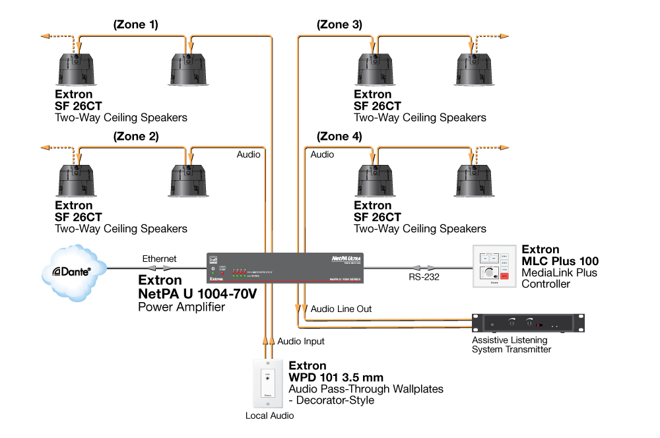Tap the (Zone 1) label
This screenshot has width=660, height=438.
point(135,25)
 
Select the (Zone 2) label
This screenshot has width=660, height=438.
point(135,137)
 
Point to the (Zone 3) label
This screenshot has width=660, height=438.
point(339,25)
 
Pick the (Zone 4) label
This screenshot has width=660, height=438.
point(339,137)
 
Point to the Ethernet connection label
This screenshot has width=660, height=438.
point(160,259)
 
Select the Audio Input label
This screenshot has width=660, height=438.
point(301,341)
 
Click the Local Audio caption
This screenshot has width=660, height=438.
point(269,416)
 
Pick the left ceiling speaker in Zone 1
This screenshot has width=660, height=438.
point(79,68)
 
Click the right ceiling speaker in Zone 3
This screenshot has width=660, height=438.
point(477,68)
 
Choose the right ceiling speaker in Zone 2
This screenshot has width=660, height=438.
point(190,180)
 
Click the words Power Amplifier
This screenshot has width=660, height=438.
point(181,306)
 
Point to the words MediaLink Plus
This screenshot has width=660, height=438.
point(559,272)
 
